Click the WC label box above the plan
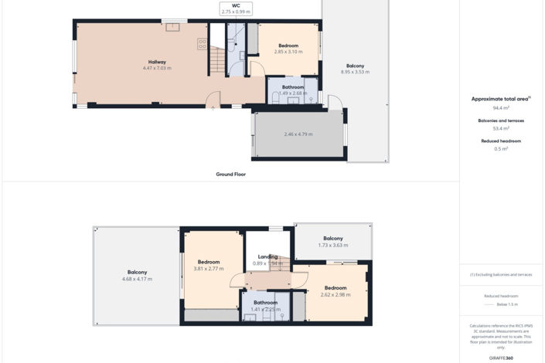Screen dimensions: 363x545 (x=236, y=8)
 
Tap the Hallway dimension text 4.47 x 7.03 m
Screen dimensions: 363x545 (x=157, y=68)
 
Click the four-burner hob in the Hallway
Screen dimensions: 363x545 (x=202, y=44)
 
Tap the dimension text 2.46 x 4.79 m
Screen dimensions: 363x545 (x=298, y=134)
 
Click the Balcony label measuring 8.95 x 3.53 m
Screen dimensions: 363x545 (x=355, y=69)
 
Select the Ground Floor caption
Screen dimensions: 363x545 (x=230, y=175)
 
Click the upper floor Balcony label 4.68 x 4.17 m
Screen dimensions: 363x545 (x=137, y=276)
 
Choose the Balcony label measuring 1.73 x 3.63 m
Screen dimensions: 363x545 (x=332, y=242)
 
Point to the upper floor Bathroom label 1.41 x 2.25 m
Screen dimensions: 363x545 (x=265, y=306)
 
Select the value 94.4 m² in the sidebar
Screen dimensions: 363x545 (x=501, y=108)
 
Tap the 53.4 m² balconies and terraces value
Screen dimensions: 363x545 (x=501, y=128)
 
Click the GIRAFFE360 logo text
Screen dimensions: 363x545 (x=501, y=358)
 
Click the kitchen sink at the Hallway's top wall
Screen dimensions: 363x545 (x=174, y=28)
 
